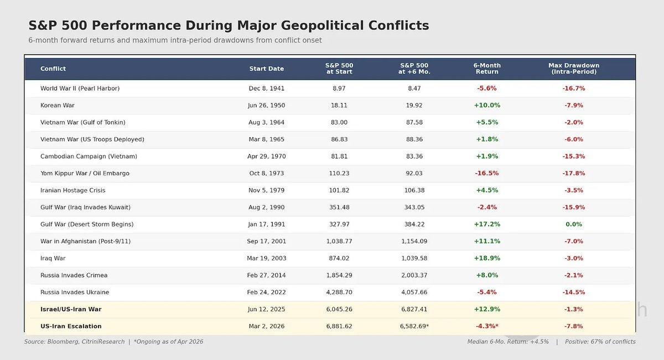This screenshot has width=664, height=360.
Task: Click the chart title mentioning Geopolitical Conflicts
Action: click(229, 25)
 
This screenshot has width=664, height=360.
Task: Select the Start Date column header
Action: click(267, 69)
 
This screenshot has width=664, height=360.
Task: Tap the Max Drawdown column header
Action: click(574, 69)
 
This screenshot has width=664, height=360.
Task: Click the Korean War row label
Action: click(58, 106)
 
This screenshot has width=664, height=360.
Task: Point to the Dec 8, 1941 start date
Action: click(267, 88)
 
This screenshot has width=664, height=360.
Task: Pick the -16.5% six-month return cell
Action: click(487, 174)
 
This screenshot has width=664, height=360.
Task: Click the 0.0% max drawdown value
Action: click(574, 225)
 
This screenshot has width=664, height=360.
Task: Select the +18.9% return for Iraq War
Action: click(487, 258)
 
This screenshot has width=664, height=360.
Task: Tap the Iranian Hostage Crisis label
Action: click(73, 190)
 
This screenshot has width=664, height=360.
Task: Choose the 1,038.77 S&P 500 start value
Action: click(339, 242)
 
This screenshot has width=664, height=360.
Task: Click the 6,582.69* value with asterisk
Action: click(414, 326)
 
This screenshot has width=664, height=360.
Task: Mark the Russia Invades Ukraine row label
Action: click(75, 293)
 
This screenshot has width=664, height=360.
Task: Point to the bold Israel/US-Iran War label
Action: click(71, 309)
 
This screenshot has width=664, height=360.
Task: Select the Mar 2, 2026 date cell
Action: click(267, 326)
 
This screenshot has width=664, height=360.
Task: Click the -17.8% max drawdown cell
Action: click(574, 174)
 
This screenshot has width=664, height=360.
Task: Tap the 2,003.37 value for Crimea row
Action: click(414, 275)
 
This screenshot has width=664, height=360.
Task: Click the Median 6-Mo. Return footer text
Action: click(508, 342)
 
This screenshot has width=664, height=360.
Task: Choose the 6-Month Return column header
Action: click(487, 69)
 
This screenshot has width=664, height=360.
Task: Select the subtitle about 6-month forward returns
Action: click(175, 40)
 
